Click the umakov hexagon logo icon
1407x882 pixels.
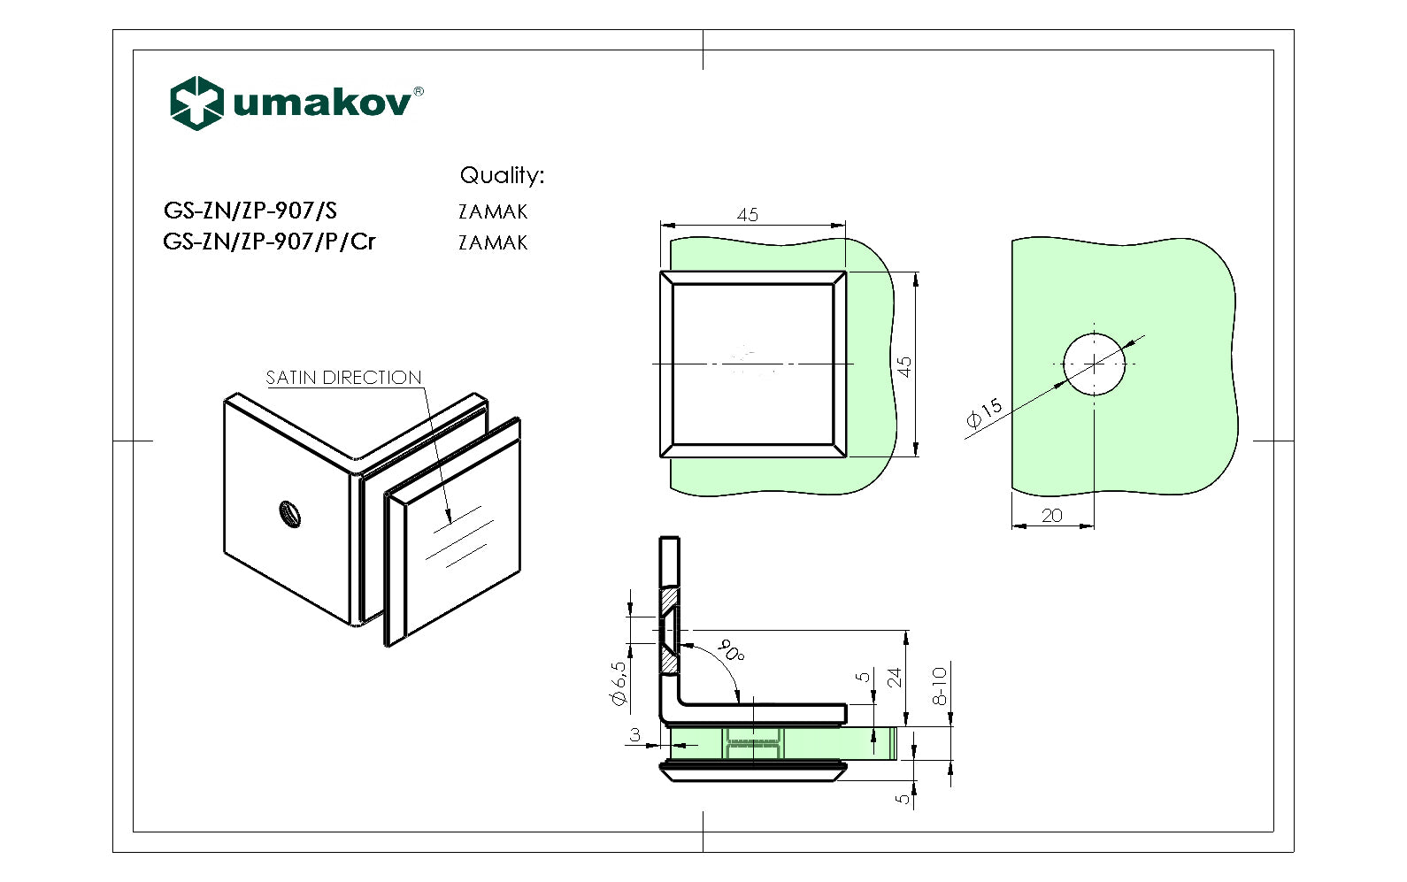click(x=196, y=103)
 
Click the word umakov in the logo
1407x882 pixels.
click(x=322, y=103)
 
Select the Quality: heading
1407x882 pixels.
click(x=502, y=175)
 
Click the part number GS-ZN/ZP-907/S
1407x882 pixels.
click(x=250, y=211)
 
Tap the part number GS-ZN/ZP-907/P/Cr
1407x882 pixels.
click(x=269, y=242)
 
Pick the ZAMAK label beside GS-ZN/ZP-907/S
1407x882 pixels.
click(x=493, y=211)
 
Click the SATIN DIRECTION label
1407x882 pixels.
click(x=343, y=378)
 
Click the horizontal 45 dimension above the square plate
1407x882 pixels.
click(x=748, y=215)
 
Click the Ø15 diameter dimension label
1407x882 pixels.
click(x=984, y=413)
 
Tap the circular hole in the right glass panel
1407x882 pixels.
click(x=1095, y=364)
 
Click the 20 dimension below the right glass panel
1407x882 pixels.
click(x=1052, y=516)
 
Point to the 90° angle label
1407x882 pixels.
click(x=731, y=650)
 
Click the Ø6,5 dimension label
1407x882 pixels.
click(x=619, y=684)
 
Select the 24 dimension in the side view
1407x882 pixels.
click(x=895, y=678)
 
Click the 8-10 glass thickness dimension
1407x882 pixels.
click(x=940, y=686)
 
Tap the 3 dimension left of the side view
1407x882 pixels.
click(x=635, y=735)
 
